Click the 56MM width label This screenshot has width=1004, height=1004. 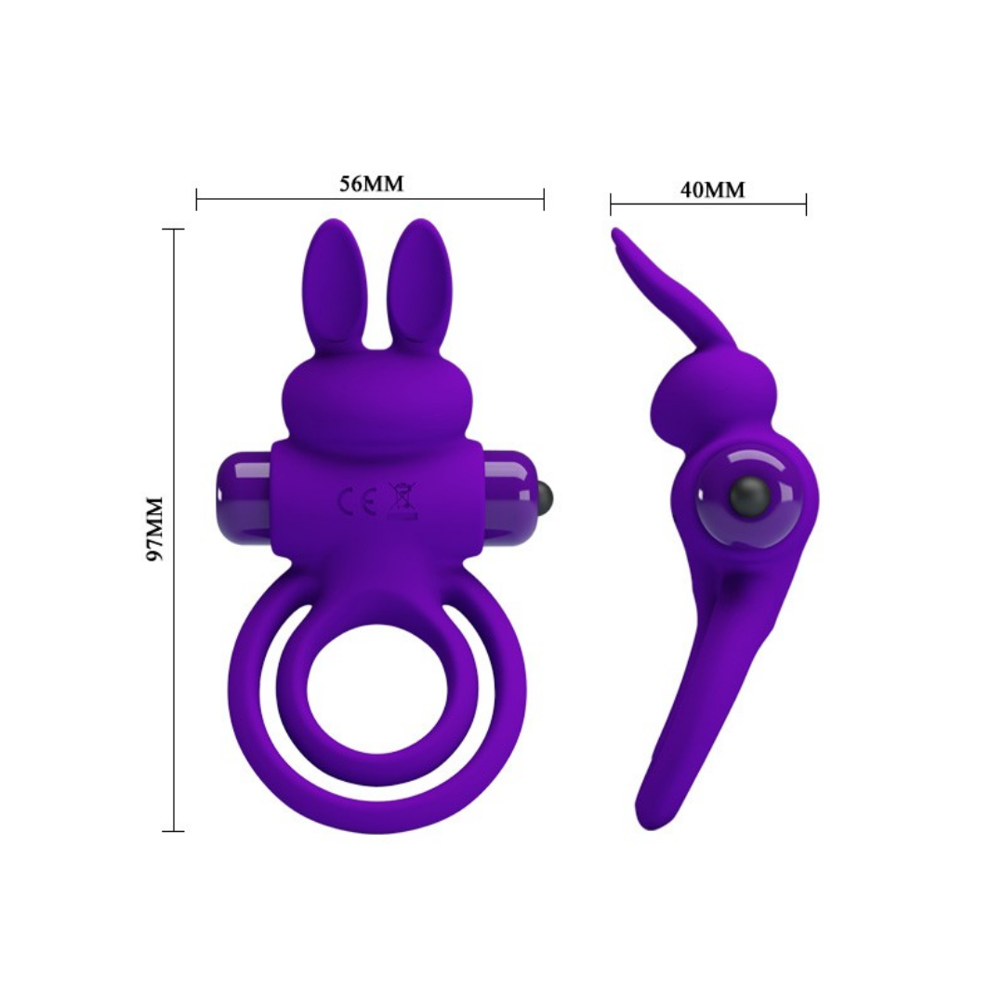(371, 183)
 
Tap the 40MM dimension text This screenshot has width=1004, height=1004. (712, 190)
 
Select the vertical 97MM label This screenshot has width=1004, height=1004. (155, 528)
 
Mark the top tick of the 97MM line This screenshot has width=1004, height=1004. (174, 229)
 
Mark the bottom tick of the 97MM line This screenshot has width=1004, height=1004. (174, 830)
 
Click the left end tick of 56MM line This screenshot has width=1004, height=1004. (197, 199)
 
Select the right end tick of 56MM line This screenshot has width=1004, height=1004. (544, 199)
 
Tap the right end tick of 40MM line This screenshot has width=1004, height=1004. (806, 204)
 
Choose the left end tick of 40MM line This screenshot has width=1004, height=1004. (611, 204)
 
